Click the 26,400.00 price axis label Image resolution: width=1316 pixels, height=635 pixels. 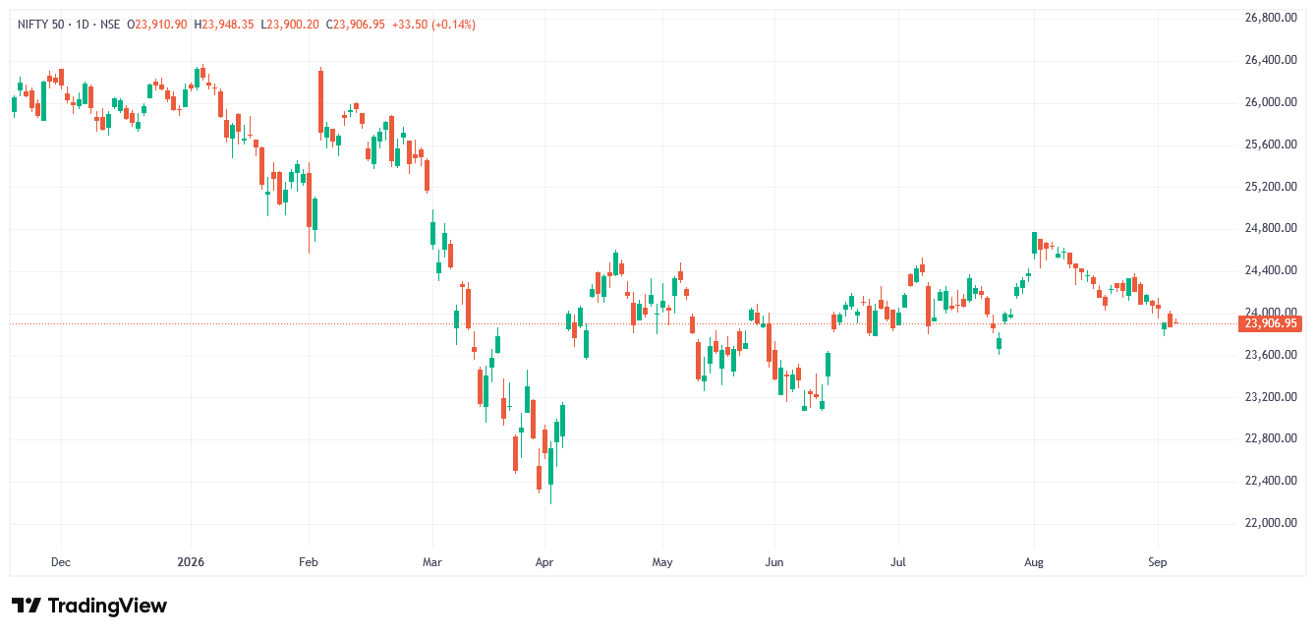coord(1271,60)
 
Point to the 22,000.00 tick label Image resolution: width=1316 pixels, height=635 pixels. coord(1271,523)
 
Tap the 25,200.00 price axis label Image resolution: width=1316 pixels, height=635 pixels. coord(1271,187)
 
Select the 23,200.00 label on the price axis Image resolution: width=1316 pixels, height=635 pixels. coord(1271,397)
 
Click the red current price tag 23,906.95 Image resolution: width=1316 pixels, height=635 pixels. coord(1270,323)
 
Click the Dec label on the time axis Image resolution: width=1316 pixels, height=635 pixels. coord(61,562)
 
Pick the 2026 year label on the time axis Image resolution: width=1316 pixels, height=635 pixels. coord(191,562)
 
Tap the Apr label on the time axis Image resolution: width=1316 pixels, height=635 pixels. coord(544,562)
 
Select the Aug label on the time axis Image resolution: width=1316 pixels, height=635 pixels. coord(1033,562)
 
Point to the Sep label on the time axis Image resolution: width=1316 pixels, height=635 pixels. coord(1158,562)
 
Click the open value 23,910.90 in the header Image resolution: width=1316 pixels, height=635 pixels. coord(161,25)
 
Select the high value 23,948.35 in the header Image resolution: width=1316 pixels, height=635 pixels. coord(228,25)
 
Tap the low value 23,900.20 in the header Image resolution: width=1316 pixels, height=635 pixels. coord(293,25)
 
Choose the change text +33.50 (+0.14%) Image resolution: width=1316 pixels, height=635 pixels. coord(433,25)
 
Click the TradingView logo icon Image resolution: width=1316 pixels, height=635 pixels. coord(27,606)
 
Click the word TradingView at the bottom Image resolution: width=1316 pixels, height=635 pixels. coord(107,606)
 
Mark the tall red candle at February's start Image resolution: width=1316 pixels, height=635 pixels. coord(320,101)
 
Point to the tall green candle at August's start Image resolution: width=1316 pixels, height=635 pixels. coord(1035,243)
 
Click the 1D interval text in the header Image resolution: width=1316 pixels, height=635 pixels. coord(83,25)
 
